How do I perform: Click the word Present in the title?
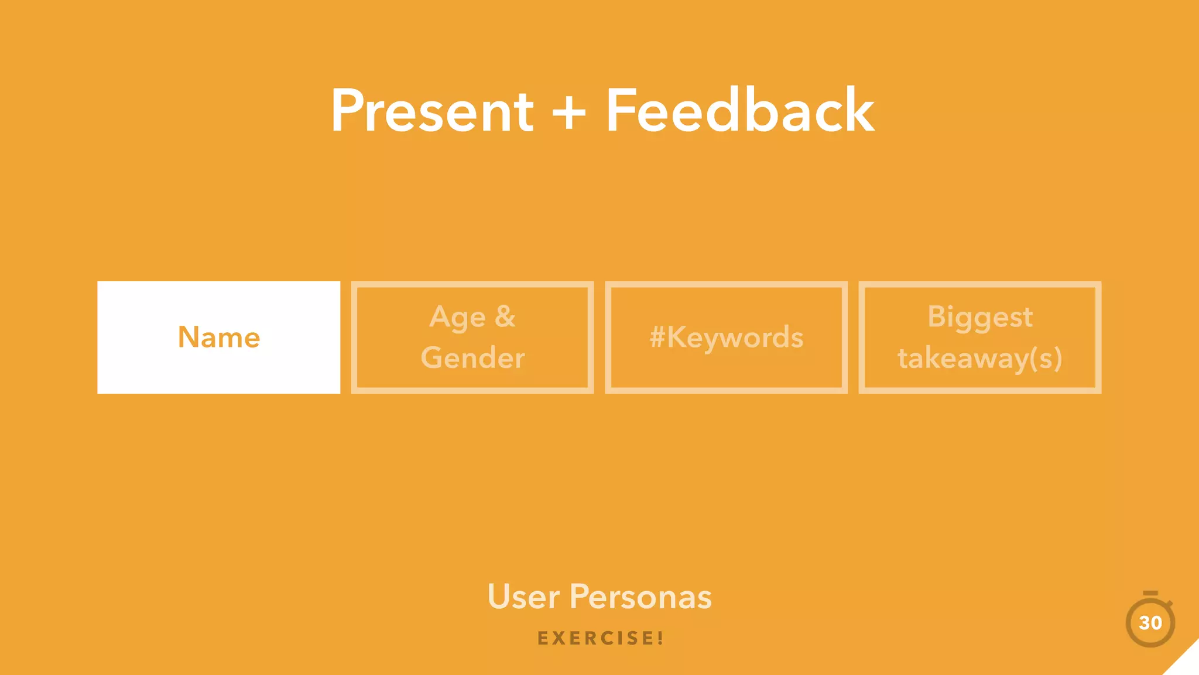click(432, 111)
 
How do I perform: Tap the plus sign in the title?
click(568, 112)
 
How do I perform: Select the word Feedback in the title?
click(739, 111)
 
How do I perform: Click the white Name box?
click(218, 337)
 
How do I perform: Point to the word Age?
click(457, 318)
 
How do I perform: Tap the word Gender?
click(472, 358)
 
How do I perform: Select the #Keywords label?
click(726, 337)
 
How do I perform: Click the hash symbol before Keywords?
click(657, 337)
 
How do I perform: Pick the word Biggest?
click(979, 318)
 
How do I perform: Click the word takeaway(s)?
click(979, 359)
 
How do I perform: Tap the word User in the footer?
click(523, 597)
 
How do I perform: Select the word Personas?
click(640, 597)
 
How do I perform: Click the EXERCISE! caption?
click(600, 638)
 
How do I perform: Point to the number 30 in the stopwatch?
click(1150, 623)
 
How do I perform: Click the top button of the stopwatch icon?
click(1150, 594)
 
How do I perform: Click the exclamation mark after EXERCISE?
click(660, 638)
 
